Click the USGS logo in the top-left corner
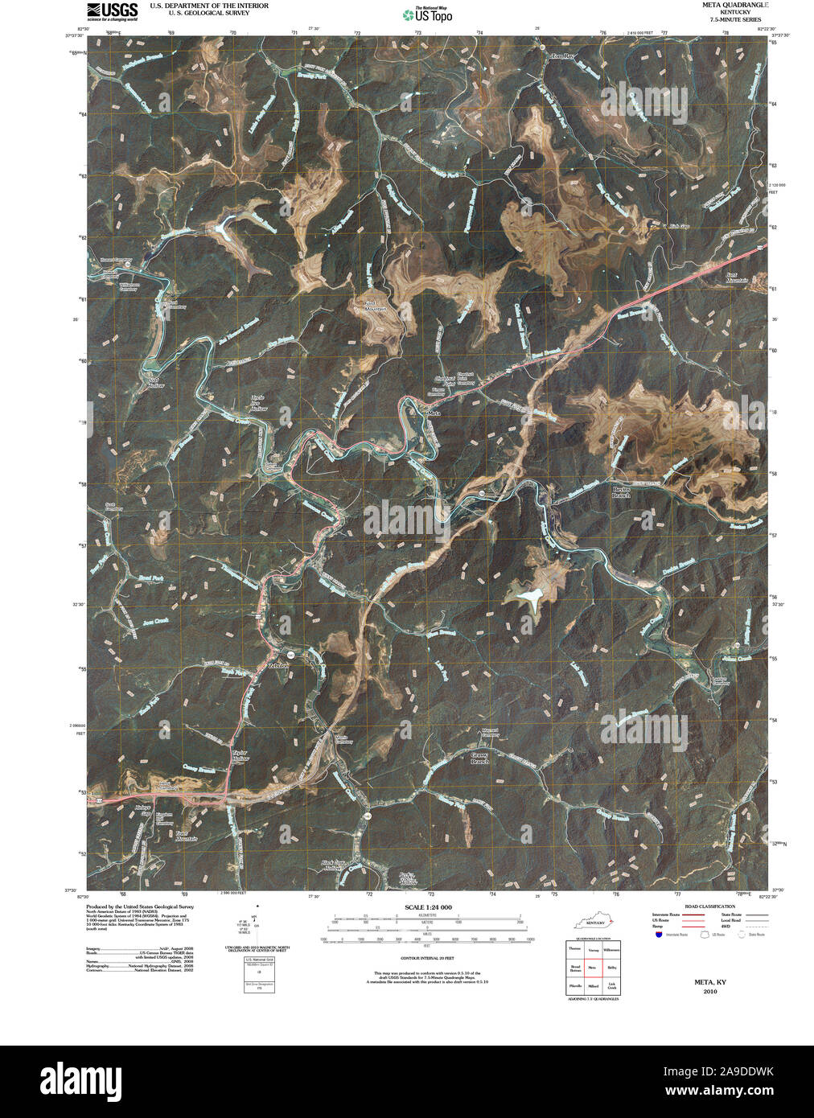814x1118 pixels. (x=113, y=11)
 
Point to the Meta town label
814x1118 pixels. (x=434, y=413)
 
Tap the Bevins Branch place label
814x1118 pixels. (x=621, y=492)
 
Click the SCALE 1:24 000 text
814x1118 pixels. (x=429, y=907)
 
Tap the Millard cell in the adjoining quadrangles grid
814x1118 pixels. (x=593, y=985)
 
